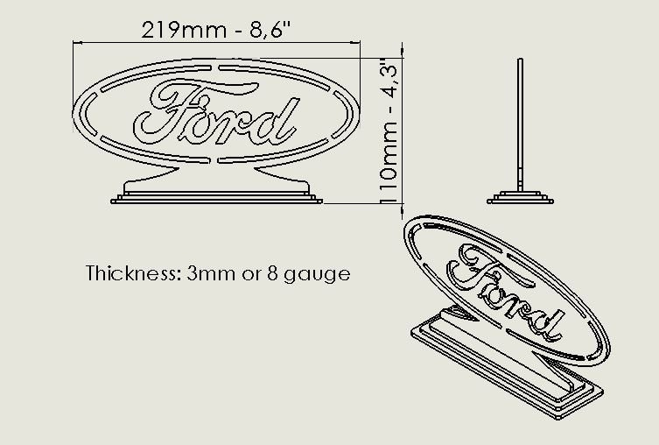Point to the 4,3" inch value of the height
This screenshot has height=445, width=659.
(x=391, y=80)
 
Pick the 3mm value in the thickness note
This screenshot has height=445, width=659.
(x=208, y=273)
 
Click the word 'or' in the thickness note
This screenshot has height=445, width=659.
(x=254, y=274)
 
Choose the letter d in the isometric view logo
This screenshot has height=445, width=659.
(x=546, y=323)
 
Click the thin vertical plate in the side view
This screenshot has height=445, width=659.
(x=522, y=123)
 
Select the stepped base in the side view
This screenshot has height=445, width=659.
(x=522, y=197)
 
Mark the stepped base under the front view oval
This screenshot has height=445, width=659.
(x=216, y=195)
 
